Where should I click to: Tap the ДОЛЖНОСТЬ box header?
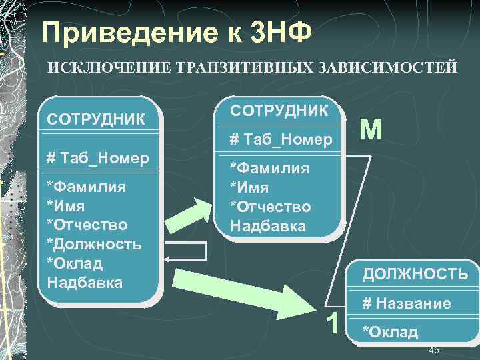tap(415, 273)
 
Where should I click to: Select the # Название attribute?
tap(406, 304)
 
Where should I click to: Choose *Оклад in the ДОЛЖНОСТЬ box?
tap(389, 331)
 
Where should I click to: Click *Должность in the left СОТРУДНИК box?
tap(93, 243)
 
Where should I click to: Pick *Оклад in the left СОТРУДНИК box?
tap(75, 263)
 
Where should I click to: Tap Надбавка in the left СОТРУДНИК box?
tap(85, 282)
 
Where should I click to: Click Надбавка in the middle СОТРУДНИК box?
tap(268, 225)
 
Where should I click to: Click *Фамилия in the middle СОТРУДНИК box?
tap(269, 168)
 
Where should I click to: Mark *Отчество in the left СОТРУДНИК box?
tap(87, 224)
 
